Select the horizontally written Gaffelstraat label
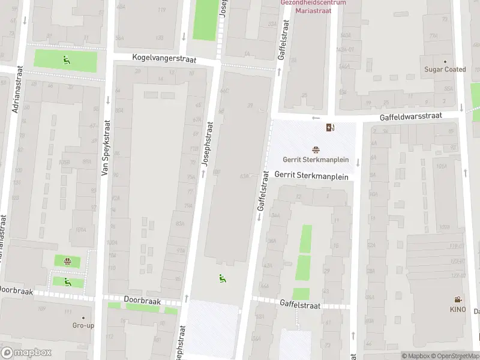coord(300,305)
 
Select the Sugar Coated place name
coord(445,70)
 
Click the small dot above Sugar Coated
coord(445,61)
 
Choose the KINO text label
coord(458,309)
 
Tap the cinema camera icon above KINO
coord(458,300)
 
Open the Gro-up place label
coord(83,325)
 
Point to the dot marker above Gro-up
coord(83,317)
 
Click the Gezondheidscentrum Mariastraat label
coord(313,6)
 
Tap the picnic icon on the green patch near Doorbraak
coord(67,261)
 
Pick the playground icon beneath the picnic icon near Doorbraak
coord(67,281)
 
